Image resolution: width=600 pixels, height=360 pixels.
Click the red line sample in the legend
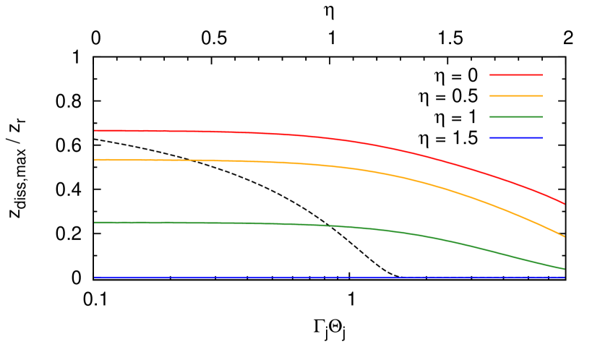[516, 74]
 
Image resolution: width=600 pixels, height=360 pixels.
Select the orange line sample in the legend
[516, 95]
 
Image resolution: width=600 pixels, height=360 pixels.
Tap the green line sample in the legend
[516, 116]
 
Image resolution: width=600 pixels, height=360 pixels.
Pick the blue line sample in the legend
[516, 137]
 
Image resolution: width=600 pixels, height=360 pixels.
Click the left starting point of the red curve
[95, 131]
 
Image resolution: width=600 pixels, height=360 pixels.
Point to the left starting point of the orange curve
[95, 160]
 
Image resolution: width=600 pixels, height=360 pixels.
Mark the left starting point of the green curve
[95, 223]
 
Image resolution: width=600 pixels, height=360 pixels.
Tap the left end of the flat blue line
[95, 277]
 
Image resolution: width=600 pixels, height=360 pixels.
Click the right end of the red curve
[564, 204]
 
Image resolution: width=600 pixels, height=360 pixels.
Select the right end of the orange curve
[564, 236]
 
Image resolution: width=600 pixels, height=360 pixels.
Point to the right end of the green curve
[564, 269]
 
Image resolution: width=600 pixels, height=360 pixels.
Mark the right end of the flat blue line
[564, 277]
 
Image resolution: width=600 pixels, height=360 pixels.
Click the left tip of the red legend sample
[491, 74]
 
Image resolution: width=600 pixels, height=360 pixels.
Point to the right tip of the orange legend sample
[541, 95]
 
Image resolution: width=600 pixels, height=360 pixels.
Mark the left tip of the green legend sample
[491, 116]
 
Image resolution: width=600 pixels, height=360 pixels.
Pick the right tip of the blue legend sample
[541, 137]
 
